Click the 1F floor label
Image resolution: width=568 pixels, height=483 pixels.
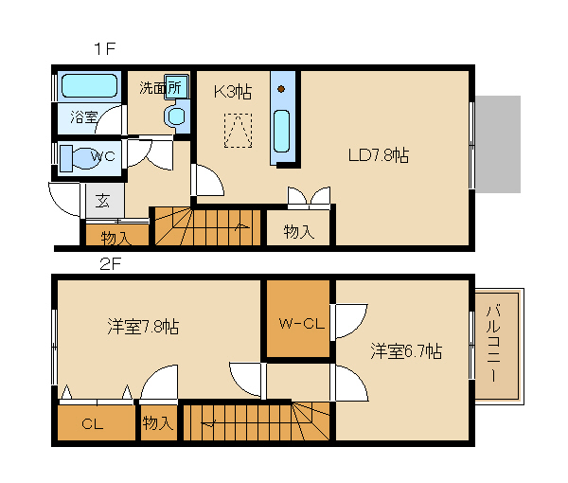pos(105,48)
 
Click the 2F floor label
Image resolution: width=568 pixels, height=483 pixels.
pos(110,264)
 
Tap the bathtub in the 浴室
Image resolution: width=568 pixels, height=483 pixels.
pos(89,86)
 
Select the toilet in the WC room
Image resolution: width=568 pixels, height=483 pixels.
pos(80,158)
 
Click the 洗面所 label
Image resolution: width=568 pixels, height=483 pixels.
pos(161,88)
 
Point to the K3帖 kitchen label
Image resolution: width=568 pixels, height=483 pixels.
pos(233,91)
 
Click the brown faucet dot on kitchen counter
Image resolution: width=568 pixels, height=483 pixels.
pos(281,89)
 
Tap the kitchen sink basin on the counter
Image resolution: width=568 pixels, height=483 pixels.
pos(281,131)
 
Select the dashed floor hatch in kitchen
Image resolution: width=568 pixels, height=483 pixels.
pos(238,131)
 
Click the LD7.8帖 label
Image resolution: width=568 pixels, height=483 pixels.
pos(379,155)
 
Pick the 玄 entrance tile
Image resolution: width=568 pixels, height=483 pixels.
pos(105,200)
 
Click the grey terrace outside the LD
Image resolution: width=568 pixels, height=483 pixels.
pos(498,144)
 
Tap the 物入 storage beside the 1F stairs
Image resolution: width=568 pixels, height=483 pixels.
pos(298,227)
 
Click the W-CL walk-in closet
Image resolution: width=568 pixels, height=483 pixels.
pos(298,318)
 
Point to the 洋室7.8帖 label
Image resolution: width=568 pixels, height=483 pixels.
pos(143,327)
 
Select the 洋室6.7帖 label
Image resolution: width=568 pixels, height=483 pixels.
pos(406,350)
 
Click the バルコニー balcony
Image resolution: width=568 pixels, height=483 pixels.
pos(497,346)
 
